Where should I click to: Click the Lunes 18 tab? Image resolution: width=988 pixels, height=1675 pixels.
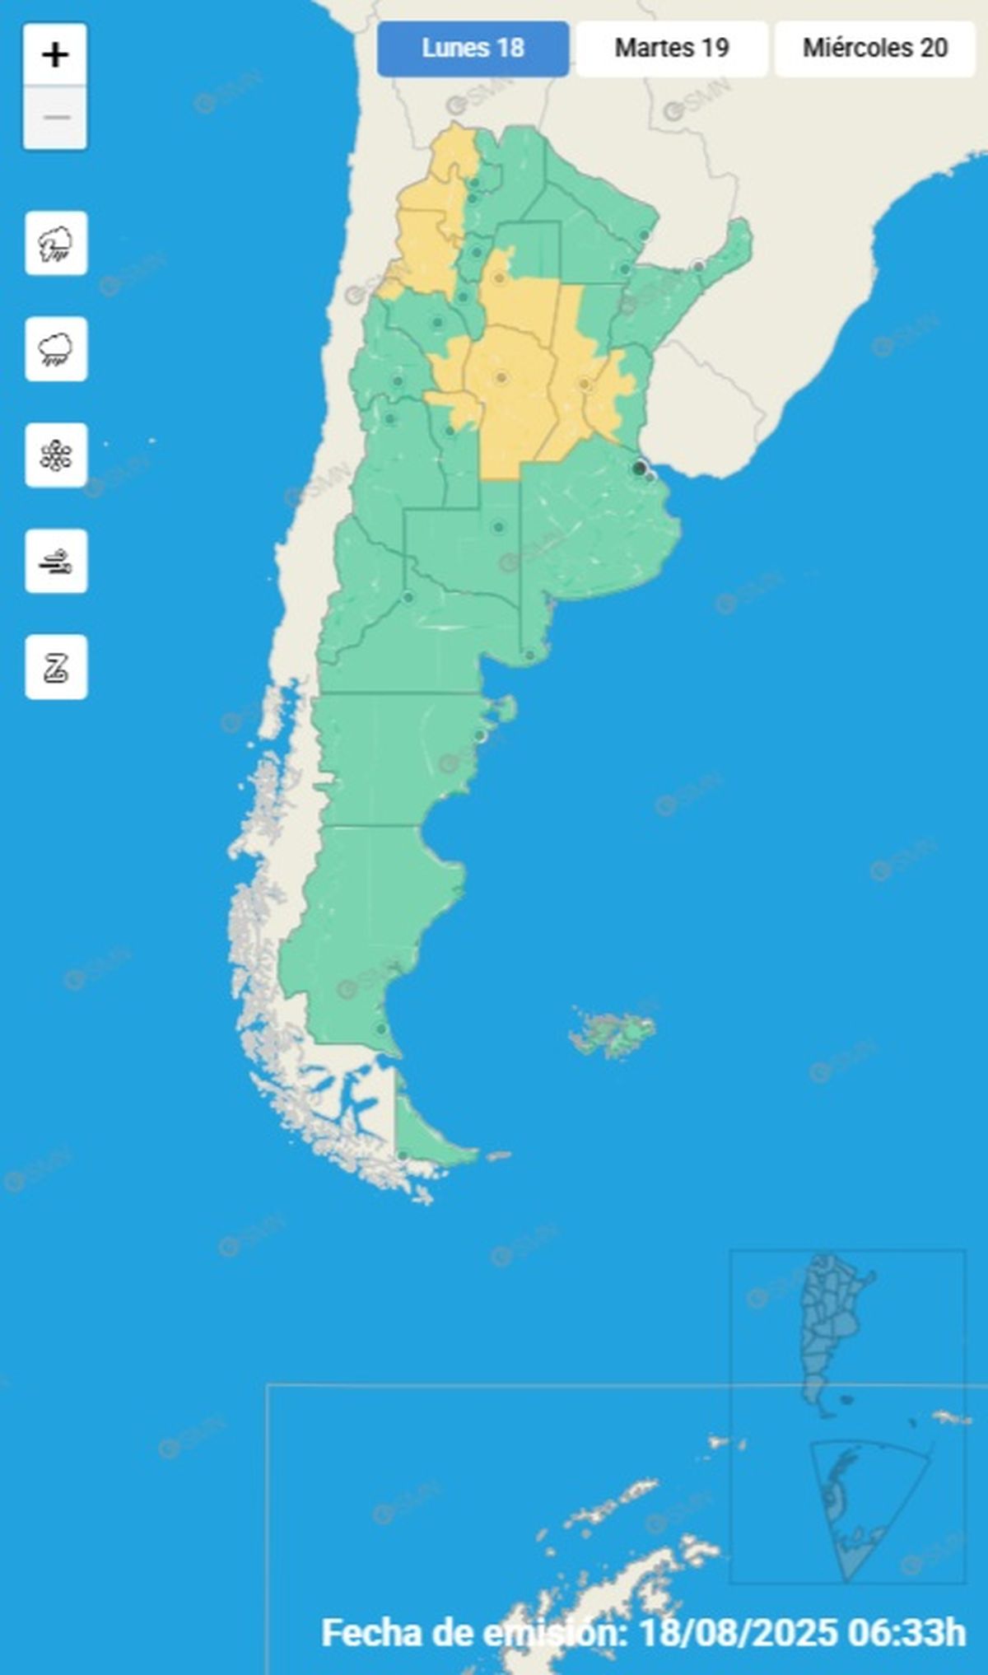click(x=473, y=49)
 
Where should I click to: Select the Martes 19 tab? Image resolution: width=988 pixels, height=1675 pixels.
click(x=672, y=49)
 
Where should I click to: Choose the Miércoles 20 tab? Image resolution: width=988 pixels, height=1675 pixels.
click(x=874, y=49)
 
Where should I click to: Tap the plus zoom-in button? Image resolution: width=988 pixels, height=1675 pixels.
click(x=55, y=56)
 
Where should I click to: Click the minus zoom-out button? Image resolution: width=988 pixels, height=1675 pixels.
click(x=55, y=118)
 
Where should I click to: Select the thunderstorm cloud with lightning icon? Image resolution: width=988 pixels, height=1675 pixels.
click(x=56, y=244)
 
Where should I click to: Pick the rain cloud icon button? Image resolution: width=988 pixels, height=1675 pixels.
click(x=56, y=349)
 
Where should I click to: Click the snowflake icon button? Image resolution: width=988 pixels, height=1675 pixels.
click(x=56, y=455)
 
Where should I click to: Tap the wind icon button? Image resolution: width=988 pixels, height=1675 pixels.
click(x=56, y=562)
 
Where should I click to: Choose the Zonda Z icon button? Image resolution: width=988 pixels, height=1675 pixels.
click(x=56, y=667)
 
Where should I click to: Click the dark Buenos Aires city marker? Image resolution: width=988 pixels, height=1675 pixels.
click(x=639, y=469)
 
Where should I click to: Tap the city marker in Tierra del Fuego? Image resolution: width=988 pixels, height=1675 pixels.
click(x=403, y=1156)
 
